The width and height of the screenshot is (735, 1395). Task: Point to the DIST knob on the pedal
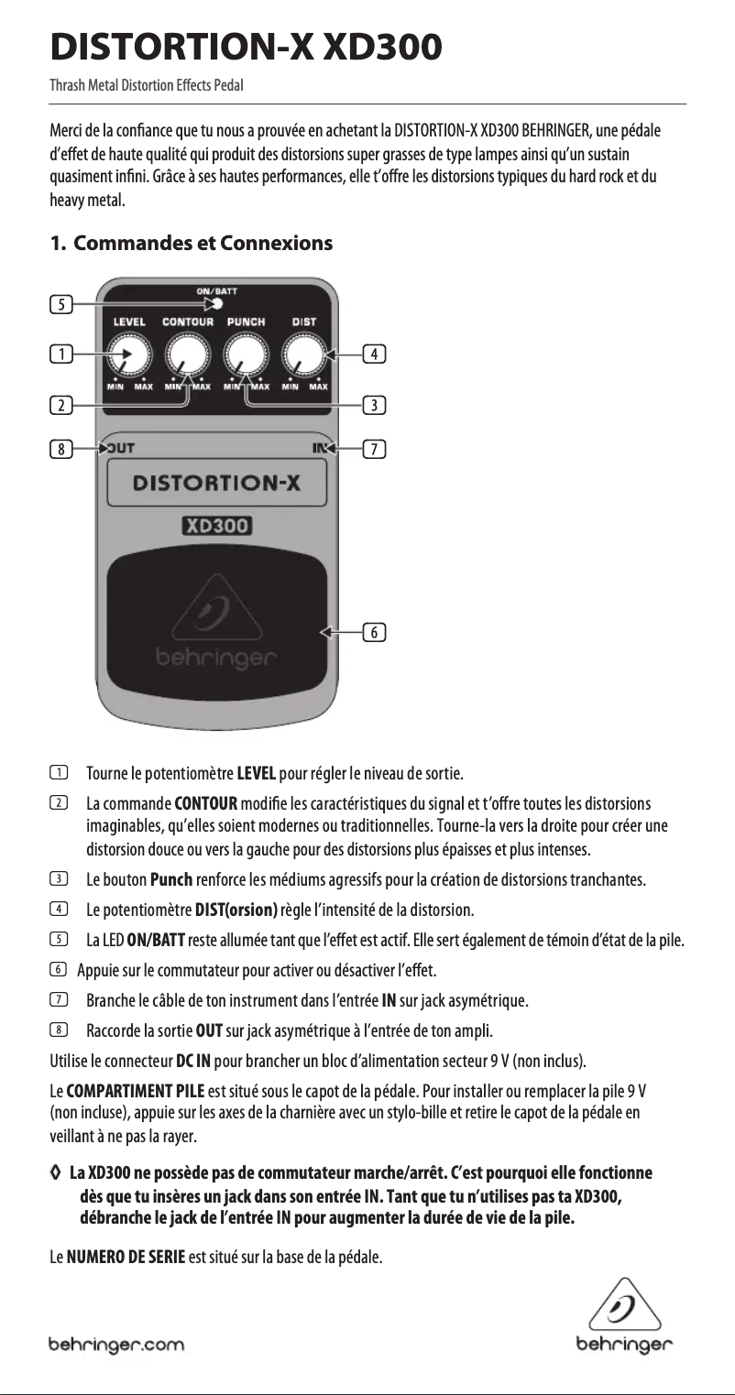point(304,354)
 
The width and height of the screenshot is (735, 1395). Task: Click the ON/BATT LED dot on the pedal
point(217,304)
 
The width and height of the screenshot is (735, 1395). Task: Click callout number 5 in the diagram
point(60,305)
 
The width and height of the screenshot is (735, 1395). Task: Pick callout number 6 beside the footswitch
point(374,631)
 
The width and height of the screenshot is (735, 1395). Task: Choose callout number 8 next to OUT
point(60,449)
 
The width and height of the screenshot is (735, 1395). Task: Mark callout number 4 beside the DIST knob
point(374,353)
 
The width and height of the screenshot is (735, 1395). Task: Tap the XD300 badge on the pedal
point(216,526)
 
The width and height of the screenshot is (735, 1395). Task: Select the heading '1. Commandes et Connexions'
point(191,244)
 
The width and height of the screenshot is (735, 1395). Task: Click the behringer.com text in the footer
point(116,1345)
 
